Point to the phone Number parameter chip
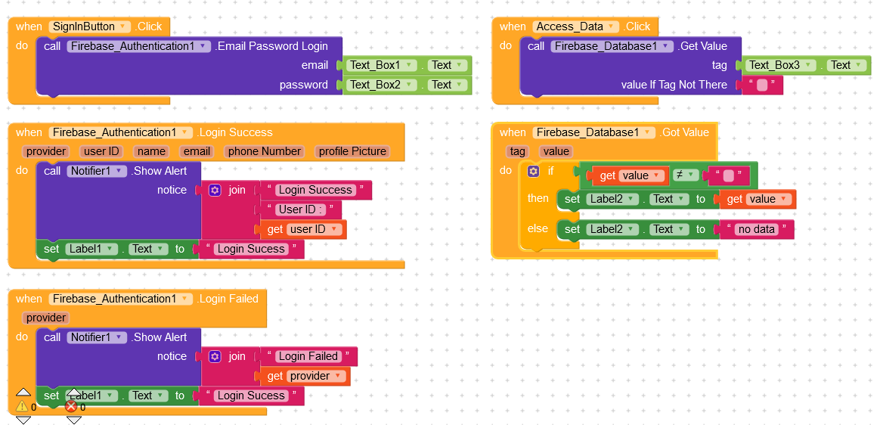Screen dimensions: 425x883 click(x=265, y=151)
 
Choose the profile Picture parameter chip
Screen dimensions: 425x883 click(x=352, y=151)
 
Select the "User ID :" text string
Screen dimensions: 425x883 click(x=300, y=209)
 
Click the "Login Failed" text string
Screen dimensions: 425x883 click(x=308, y=356)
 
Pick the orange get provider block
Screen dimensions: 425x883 click(x=309, y=376)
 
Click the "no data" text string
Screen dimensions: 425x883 click(x=756, y=229)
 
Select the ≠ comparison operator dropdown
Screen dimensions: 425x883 click(x=683, y=175)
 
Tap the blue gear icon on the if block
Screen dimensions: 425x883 click(x=533, y=172)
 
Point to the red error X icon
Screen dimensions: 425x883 click(x=71, y=406)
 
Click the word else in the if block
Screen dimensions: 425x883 click(x=537, y=228)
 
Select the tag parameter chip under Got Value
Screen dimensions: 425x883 click(x=517, y=151)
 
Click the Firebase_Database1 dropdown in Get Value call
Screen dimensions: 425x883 click(x=612, y=46)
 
